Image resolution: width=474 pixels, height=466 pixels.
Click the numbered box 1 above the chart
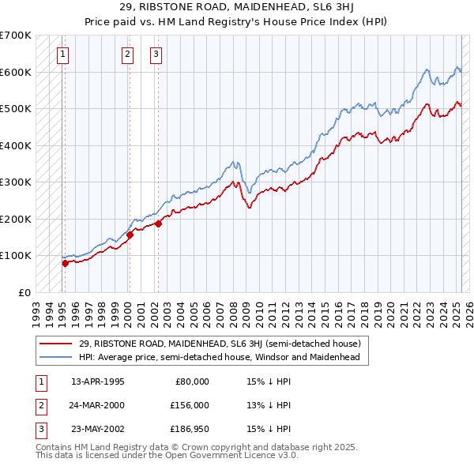[x=62, y=54]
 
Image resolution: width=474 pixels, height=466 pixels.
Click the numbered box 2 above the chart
[x=127, y=54]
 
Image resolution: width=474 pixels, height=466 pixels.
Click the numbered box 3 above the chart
[x=156, y=54]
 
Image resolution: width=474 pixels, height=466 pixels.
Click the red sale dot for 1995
[x=66, y=263]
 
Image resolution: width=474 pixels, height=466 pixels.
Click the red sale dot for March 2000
[x=130, y=235]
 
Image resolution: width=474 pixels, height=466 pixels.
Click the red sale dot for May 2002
[x=158, y=224]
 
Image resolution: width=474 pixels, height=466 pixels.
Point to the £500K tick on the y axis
[x=16, y=109]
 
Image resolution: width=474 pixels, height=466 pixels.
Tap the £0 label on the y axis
[x=24, y=292]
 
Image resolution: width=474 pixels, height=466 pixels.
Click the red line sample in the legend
[x=56, y=344]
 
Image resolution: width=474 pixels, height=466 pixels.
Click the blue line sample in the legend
[x=56, y=357]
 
